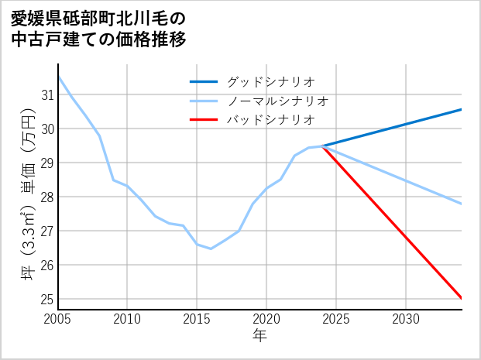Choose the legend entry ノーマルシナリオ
pos(278,101)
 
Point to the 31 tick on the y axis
pos(46,95)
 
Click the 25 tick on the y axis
pos(46,299)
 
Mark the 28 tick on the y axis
pos(46,197)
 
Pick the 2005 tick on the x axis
pos(58,319)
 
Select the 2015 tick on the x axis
pos(197,319)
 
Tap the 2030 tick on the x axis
pos(406,319)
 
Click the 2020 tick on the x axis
pos(266,319)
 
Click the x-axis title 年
pos(260,336)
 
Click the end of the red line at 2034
pos(462,298)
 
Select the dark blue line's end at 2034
pos(462,109)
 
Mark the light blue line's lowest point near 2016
pos(211,249)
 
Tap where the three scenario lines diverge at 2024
pos(322,146)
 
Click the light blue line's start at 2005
pos(58,76)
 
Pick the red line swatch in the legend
pos(204,120)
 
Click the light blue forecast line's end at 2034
pos(462,204)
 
